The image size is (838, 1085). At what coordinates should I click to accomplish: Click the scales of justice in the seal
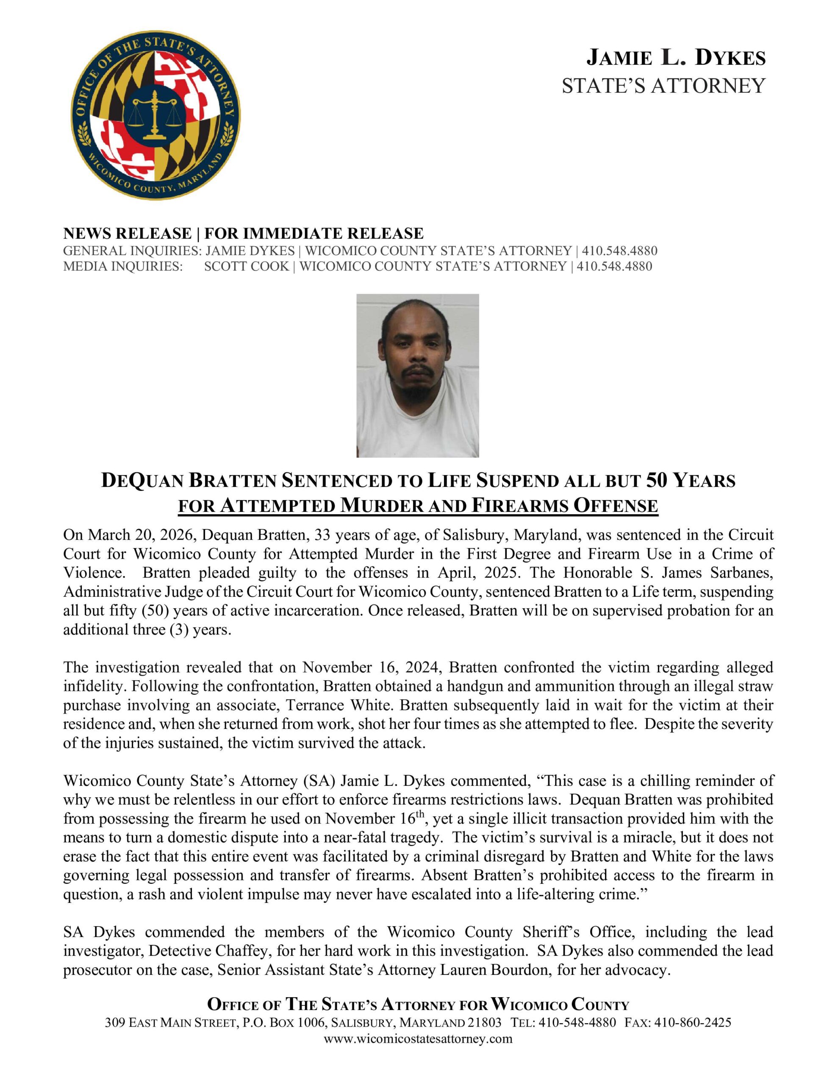[155, 116]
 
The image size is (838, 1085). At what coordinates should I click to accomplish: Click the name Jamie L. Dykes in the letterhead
[676, 58]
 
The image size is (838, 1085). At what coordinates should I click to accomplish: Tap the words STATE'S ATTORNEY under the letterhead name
[663, 86]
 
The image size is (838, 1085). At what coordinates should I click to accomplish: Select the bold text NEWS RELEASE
[127, 233]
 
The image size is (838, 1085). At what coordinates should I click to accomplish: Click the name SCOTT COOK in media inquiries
[247, 266]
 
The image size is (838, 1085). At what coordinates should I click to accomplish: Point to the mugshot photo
[417, 375]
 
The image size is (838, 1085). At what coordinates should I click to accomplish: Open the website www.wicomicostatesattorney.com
[418, 1039]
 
